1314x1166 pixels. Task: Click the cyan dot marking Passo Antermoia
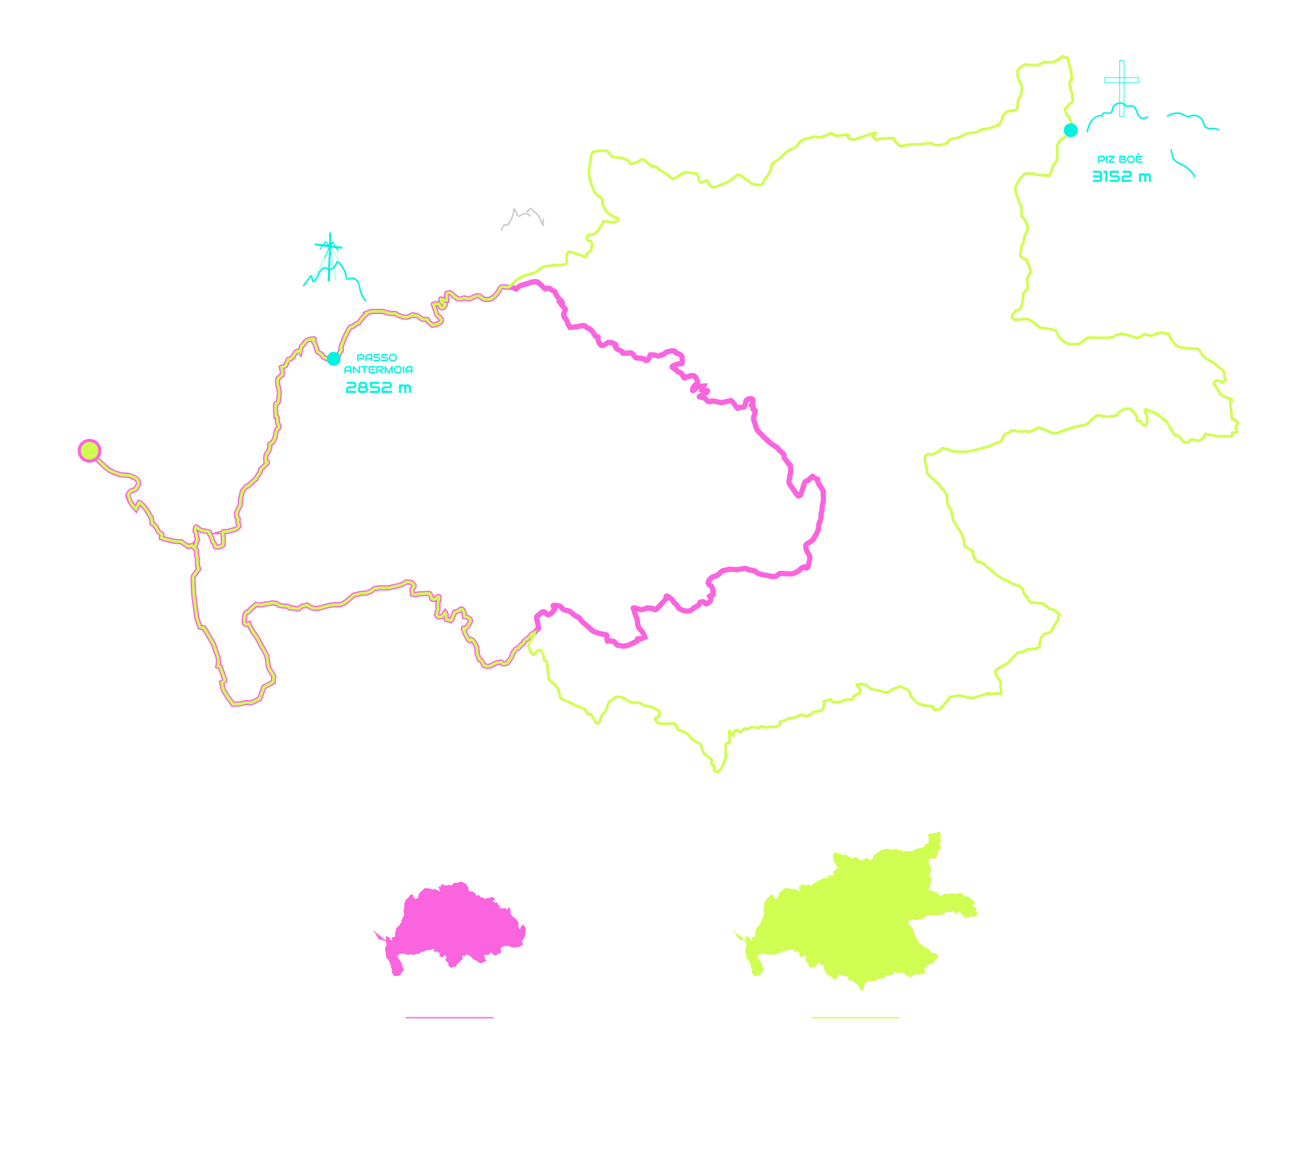click(333, 359)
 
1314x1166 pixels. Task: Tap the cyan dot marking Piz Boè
click(1071, 130)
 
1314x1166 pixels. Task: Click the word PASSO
click(377, 357)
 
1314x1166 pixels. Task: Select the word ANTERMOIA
click(378, 369)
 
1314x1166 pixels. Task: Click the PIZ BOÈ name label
click(1120, 159)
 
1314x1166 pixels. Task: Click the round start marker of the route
click(90, 451)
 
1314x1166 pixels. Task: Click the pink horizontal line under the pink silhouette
click(449, 1017)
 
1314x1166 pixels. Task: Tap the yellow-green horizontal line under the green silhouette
click(855, 1017)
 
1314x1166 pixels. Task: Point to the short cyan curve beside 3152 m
click(1182, 163)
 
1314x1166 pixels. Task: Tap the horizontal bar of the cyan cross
click(1122, 80)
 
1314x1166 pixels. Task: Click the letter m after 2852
click(404, 388)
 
